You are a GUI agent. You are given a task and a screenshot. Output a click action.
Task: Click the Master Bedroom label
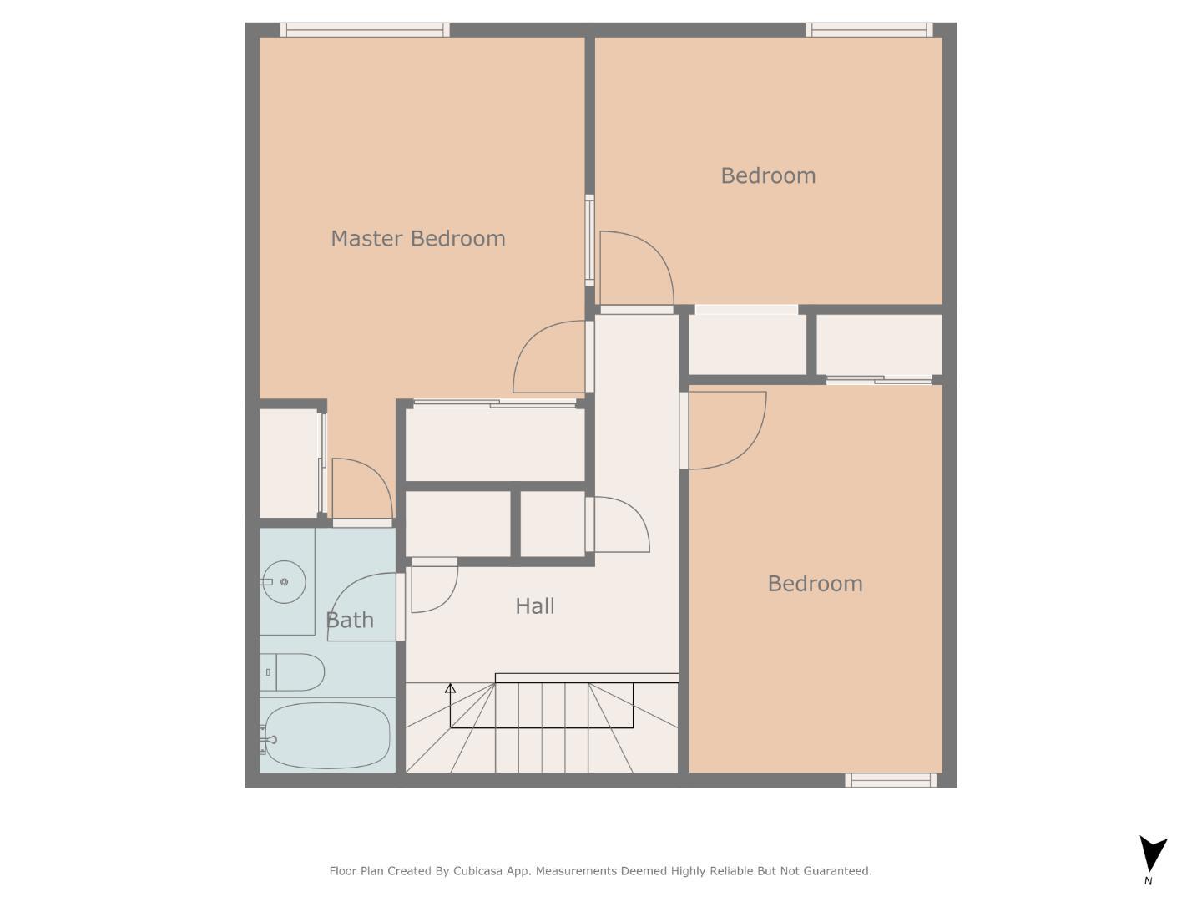pos(417,239)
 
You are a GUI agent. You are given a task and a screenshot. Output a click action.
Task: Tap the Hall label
pos(534,606)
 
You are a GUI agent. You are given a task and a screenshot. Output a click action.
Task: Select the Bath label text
pos(349,621)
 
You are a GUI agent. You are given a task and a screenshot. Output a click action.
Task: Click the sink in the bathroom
pos(283,582)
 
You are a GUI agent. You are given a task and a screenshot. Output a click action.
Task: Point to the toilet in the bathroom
pos(292,672)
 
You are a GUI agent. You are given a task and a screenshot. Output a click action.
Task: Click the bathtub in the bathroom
pos(326,735)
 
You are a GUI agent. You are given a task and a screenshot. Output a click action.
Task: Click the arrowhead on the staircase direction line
pos(450,689)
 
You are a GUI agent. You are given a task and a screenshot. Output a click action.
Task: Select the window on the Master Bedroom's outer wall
pos(365,30)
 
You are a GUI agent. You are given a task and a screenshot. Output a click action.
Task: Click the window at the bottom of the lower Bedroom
pos(891,780)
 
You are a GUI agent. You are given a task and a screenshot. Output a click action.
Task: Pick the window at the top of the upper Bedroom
pos(868,30)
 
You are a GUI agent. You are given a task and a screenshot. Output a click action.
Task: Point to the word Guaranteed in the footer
pos(837,871)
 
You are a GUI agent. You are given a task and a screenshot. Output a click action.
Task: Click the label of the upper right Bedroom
pos(768,176)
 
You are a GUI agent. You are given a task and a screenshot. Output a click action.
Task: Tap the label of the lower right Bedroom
pos(815,584)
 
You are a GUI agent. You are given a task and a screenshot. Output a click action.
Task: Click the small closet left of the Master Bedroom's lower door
pos(289,463)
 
